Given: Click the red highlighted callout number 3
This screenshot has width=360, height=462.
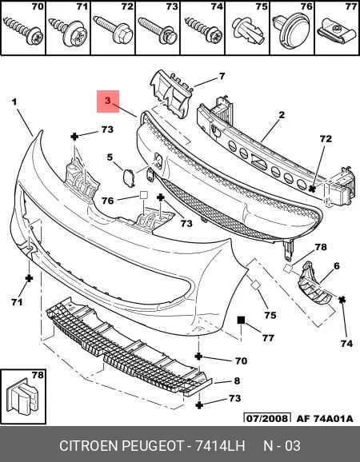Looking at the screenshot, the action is (x=108, y=101).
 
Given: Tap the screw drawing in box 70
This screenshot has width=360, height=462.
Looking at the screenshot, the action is (x=23, y=30).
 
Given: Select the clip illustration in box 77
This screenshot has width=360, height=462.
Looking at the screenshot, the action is (x=338, y=32).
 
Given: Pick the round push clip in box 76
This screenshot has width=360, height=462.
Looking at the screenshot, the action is (x=291, y=30).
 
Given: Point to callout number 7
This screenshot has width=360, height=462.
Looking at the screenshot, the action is (x=222, y=76).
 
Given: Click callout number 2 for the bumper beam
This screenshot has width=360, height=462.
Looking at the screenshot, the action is (x=282, y=115).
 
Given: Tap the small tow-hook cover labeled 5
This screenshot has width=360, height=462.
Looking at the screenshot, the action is (x=129, y=177).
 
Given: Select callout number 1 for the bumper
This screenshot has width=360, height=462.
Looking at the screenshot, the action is (x=14, y=102).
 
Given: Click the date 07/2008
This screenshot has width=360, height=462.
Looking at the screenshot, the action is (x=267, y=418).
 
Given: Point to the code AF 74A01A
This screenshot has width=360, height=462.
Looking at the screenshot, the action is (x=325, y=418).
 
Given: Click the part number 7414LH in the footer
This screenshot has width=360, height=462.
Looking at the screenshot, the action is (x=219, y=446).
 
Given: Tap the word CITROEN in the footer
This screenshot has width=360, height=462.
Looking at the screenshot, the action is (x=89, y=446).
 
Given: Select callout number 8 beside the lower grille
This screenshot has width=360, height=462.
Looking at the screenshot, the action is (x=237, y=380).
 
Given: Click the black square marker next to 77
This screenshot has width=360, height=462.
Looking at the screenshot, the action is (x=241, y=320).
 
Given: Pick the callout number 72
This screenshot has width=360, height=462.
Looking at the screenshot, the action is (x=326, y=139).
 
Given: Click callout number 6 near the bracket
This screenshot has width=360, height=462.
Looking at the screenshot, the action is (x=337, y=265).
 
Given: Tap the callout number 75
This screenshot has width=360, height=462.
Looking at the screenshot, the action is (x=270, y=315).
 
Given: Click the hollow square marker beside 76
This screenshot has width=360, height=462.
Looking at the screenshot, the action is (x=143, y=195).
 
